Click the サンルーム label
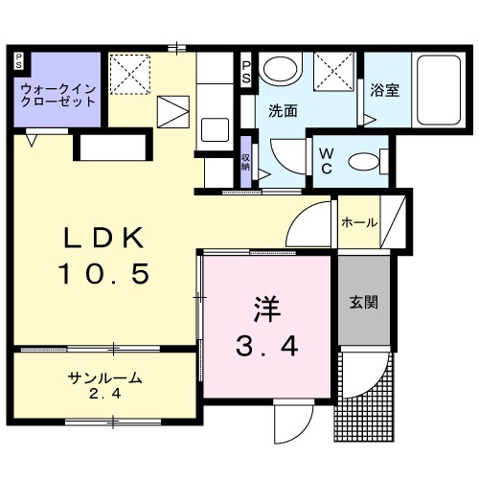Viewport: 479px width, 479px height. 105,377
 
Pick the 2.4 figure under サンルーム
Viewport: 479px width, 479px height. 105,393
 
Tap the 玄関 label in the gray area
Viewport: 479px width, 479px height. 363,303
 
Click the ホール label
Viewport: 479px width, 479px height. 358,223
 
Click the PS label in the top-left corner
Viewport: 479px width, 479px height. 18,61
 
